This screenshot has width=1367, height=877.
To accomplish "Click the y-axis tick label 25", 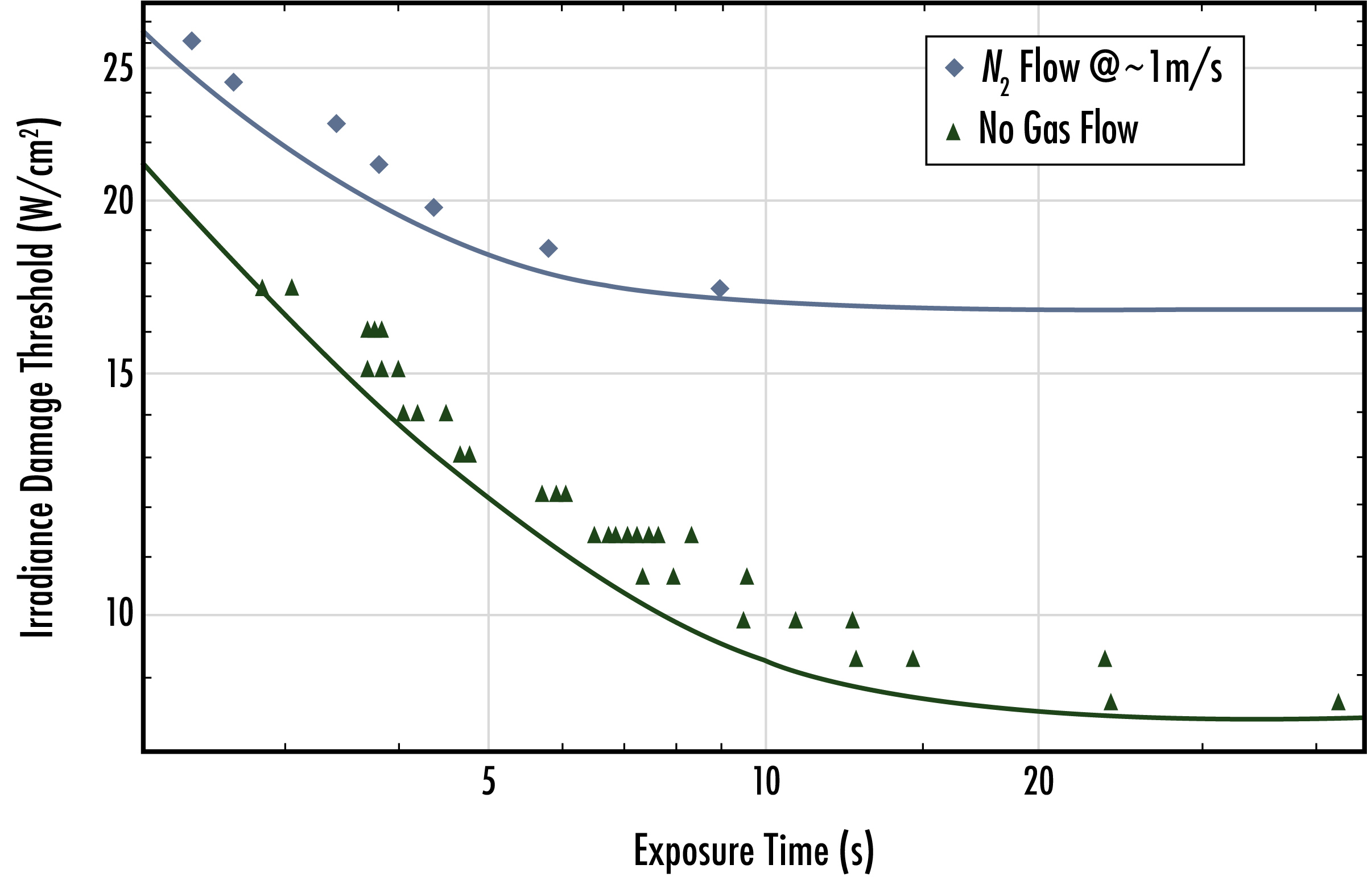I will (118, 69).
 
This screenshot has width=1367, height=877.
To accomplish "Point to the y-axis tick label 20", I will (118, 201).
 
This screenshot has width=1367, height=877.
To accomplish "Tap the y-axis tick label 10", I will (119, 613).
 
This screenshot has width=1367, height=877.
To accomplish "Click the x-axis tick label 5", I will (488, 782).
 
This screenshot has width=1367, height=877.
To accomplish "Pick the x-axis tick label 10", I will (766, 782).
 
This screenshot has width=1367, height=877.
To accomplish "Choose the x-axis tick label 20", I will (1038, 782).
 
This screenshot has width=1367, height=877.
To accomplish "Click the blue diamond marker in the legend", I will (955, 68).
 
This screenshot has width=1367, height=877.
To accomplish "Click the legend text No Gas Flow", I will (1058, 128).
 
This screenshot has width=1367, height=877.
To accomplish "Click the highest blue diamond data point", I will (192, 41).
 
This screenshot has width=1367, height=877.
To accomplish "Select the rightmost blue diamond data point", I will (720, 289).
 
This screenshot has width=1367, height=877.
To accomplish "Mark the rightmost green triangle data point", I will (1339, 702).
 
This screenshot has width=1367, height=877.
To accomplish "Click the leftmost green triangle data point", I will (262, 288).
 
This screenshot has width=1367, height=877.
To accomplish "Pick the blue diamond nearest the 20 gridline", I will (433, 207).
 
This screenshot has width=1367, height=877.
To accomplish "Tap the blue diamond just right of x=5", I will (548, 248).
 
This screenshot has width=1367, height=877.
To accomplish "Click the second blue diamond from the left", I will (234, 82).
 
